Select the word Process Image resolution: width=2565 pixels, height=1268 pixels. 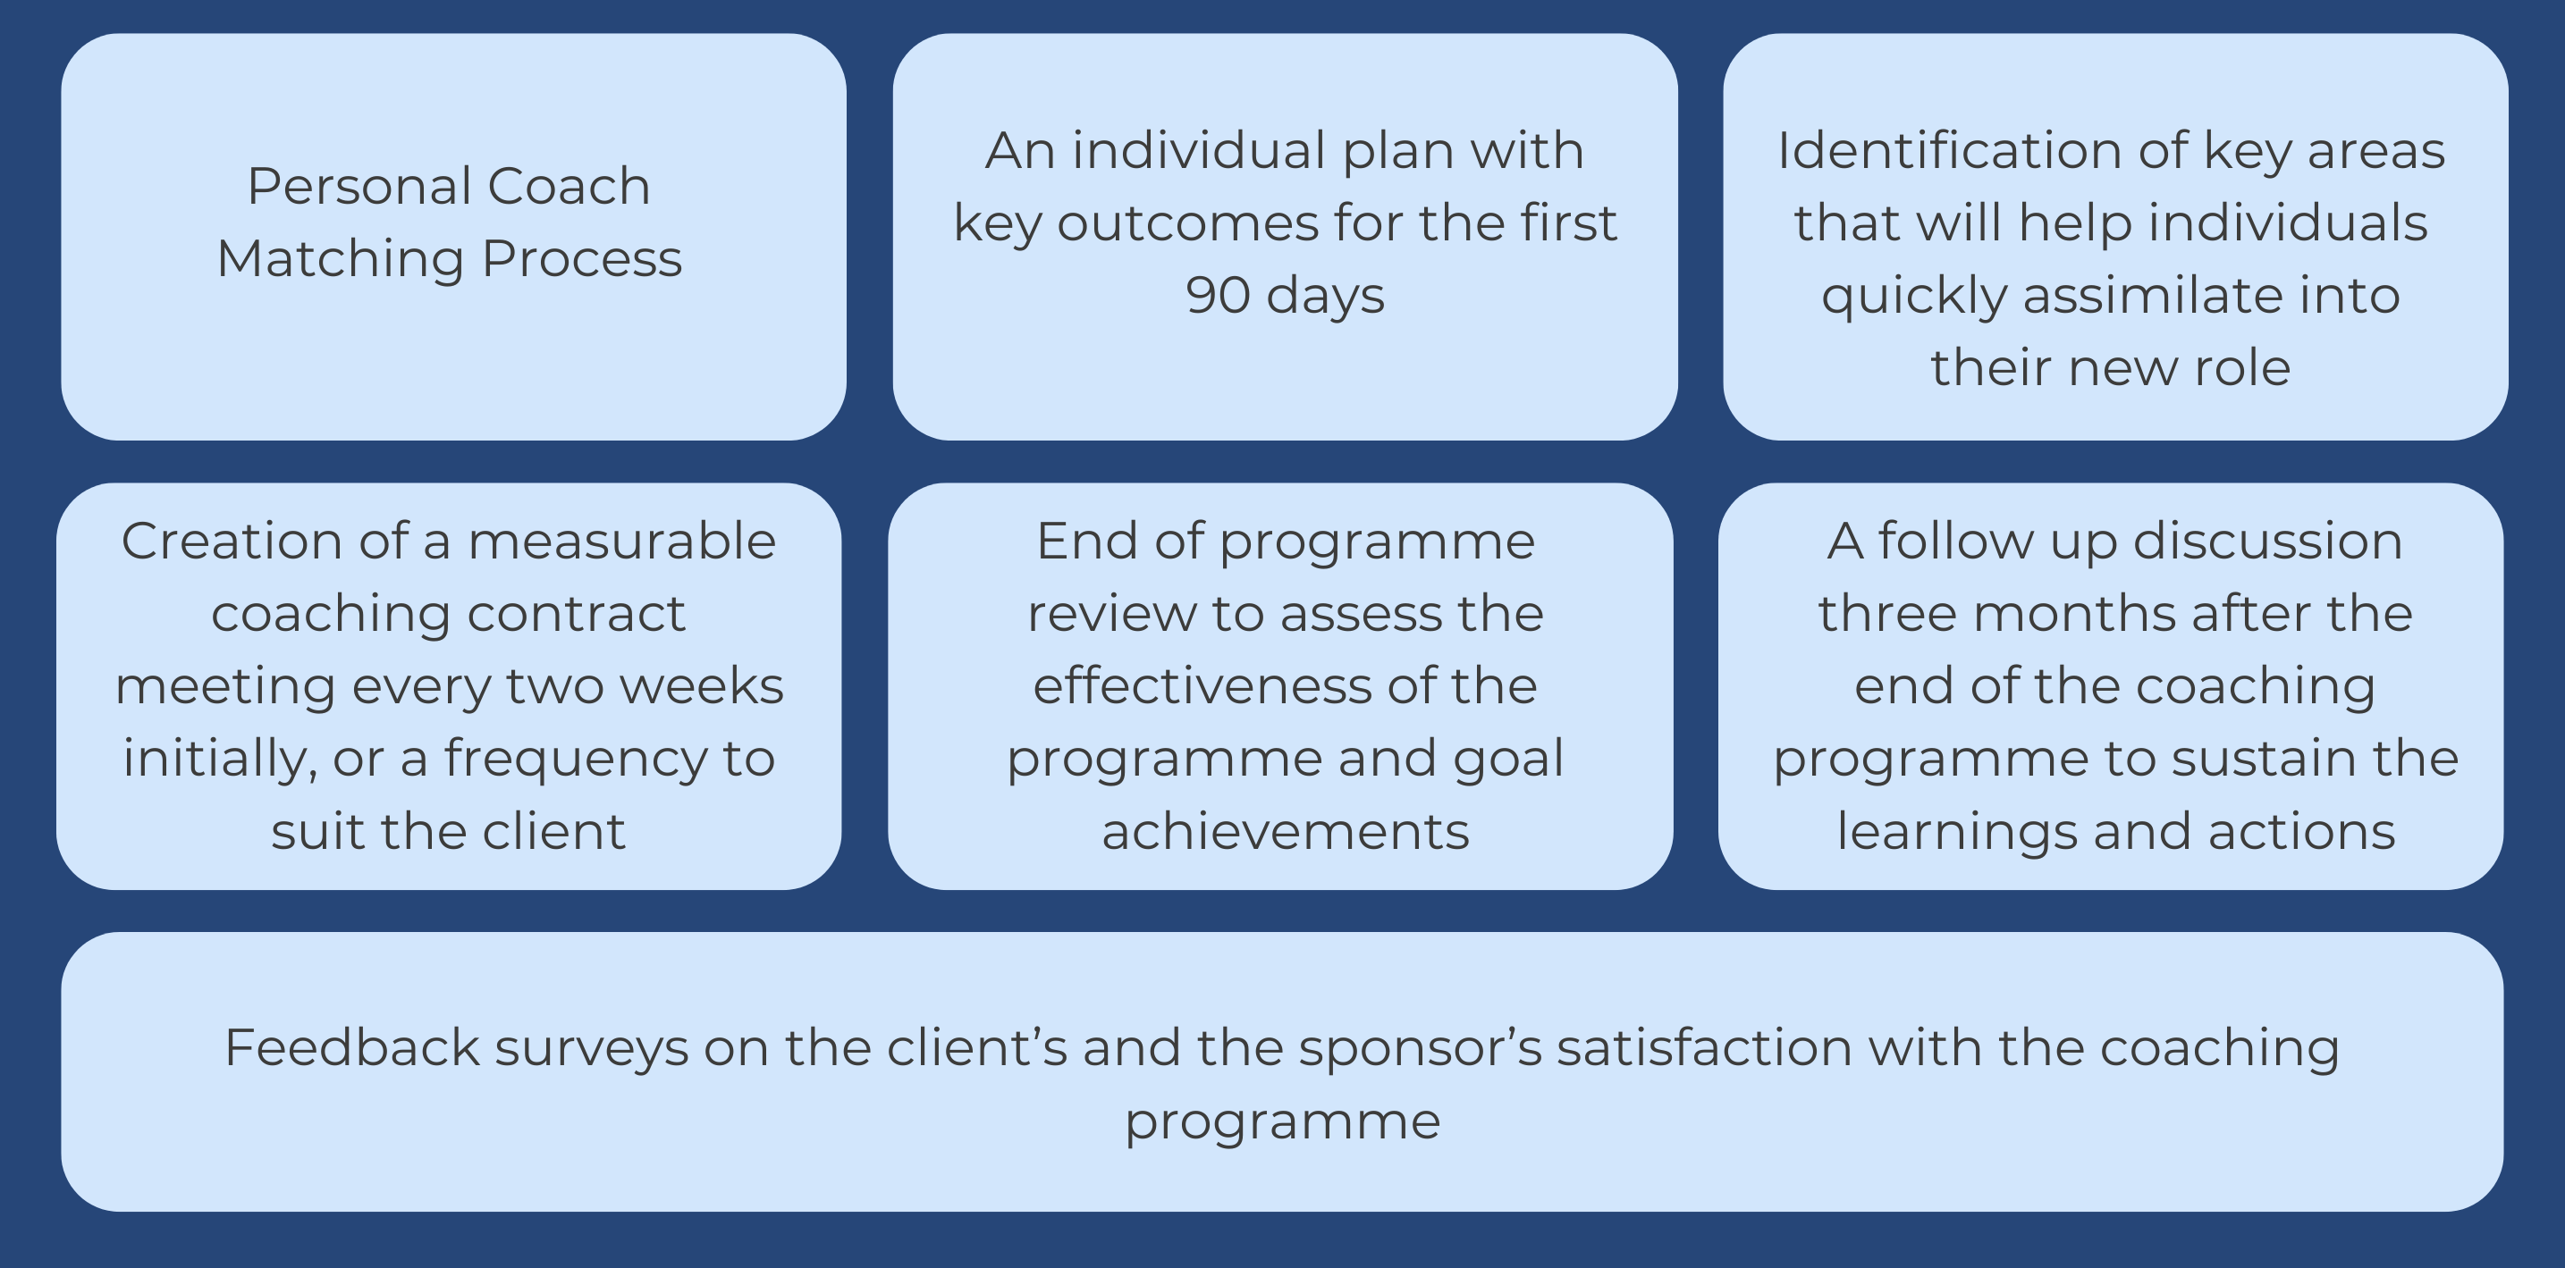pos(583,259)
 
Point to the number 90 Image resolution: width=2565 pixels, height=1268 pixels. pos(1218,296)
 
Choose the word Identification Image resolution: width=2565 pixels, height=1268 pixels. pos(1951,150)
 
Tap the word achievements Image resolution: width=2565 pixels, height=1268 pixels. pos(1285,832)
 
